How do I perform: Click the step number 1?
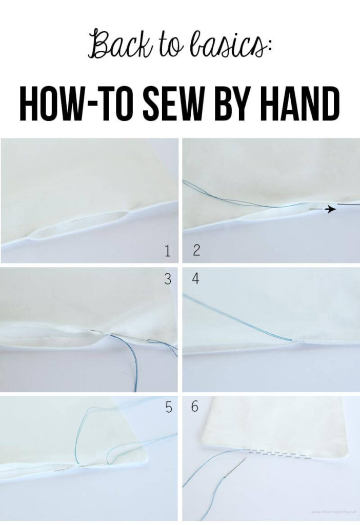[x=167, y=251]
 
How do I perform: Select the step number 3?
[x=167, y=279]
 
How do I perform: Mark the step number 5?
[x=167, y=409]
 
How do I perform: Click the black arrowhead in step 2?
[x=332, y=209]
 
